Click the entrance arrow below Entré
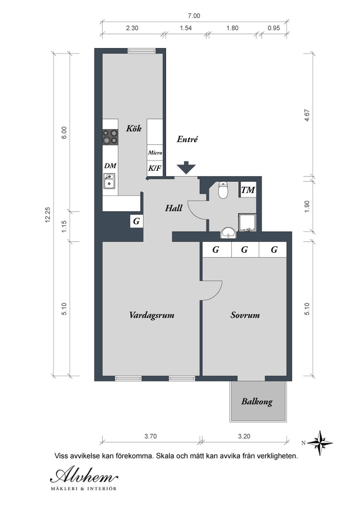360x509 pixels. coord(186,168)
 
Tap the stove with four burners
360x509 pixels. coord(110,137)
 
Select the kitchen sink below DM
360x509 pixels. coord(109,181)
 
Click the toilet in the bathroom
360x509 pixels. coord(223,190)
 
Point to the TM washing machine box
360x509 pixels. coord(248,189)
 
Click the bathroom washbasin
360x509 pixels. coord(229,233)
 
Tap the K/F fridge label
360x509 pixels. coord(155,168)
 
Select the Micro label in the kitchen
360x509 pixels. coord(155,153)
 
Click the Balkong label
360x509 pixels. coord(257,402)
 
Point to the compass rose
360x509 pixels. coord(320,443)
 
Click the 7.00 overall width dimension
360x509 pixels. coord(194,15)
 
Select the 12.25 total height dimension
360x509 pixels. coord(48,214)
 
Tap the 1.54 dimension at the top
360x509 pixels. coord(186,28)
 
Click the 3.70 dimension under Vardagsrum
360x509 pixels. coord(150,436)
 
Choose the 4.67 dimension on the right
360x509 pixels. coord(307,116)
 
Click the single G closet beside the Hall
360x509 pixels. coord(136,221)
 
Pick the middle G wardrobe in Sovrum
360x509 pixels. coord(245,249)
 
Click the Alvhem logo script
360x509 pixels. coord(84,476)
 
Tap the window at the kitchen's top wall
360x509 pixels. coord(141,50)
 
